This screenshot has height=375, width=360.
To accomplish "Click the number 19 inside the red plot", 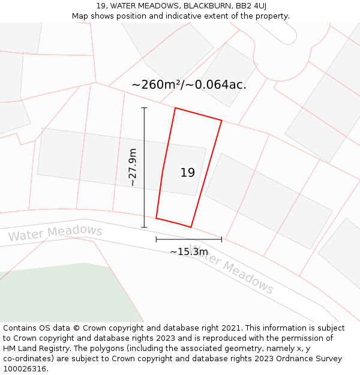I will coord(187,173).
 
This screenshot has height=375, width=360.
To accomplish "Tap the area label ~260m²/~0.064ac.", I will coord(188,85).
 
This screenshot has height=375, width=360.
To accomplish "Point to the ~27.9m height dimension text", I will coord(133,167).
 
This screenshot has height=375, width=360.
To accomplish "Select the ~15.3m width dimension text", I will coord(188,252).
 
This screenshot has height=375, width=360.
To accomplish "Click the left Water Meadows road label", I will coord(55,233).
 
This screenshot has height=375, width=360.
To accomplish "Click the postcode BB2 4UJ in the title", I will coord(251,5).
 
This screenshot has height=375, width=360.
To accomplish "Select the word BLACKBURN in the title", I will coord(206,5).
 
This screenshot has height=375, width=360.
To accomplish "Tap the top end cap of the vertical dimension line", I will coord(144,108).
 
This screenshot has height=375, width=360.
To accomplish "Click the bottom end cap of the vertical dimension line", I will coord(144,227).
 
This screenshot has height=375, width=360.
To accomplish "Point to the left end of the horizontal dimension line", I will coord(157,239).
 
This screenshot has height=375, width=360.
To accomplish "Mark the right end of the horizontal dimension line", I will coord(221,239).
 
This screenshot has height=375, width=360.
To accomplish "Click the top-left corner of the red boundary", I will coord(175,109).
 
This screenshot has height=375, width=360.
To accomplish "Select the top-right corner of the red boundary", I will coord(221,121).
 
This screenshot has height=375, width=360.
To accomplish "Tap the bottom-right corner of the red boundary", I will coord(191,227).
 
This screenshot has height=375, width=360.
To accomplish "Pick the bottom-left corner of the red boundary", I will coord(157,218).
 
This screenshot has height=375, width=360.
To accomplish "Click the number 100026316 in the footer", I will coord(25,369).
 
